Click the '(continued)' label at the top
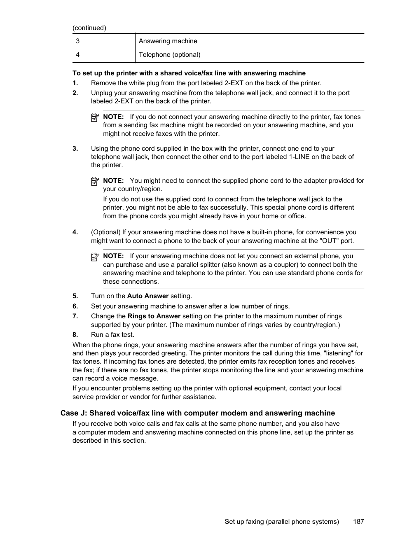point(89,28)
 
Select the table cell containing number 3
point(103,41)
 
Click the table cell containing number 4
point(103,55)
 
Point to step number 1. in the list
point(75,83)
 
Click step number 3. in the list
point(75,149)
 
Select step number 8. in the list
point(75,335)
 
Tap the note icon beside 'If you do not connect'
point(95,117)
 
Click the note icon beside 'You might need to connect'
point(95,181)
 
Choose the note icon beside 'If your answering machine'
point(95,257)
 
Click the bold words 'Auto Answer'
point(148,296)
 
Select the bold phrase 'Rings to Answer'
point(154,316)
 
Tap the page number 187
point(358,522)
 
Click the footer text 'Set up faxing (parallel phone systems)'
point(282,522)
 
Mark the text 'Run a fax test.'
point(112,335)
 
